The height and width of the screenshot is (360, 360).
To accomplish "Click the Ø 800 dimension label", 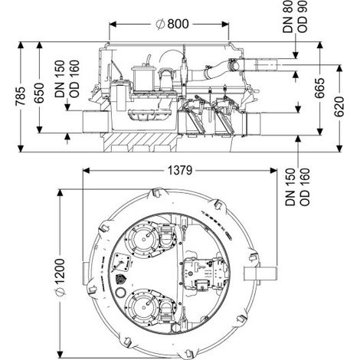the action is [x=172, y=25].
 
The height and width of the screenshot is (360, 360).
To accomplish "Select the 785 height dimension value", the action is [x=21, y=96].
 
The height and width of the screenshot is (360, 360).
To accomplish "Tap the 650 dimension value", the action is [x=39, y=93].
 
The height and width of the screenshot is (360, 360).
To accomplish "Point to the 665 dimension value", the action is [x=319, y=88].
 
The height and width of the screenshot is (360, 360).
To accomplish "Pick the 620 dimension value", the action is [x=339, y=106].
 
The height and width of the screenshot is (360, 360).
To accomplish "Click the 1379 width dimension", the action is [x=180, y=171].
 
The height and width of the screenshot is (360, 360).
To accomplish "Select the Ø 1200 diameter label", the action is [x=60, y=277].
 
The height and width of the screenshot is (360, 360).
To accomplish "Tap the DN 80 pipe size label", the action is [x=288, y=17].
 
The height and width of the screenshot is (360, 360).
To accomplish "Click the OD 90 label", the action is [x=303, y=17].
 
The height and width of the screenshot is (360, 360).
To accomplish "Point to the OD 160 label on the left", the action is [x=74, y=79].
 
